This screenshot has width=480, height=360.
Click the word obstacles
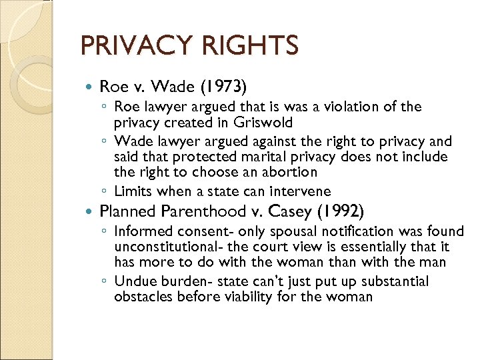tap(143, 296)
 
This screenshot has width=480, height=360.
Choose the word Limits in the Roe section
tap(133, 191)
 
